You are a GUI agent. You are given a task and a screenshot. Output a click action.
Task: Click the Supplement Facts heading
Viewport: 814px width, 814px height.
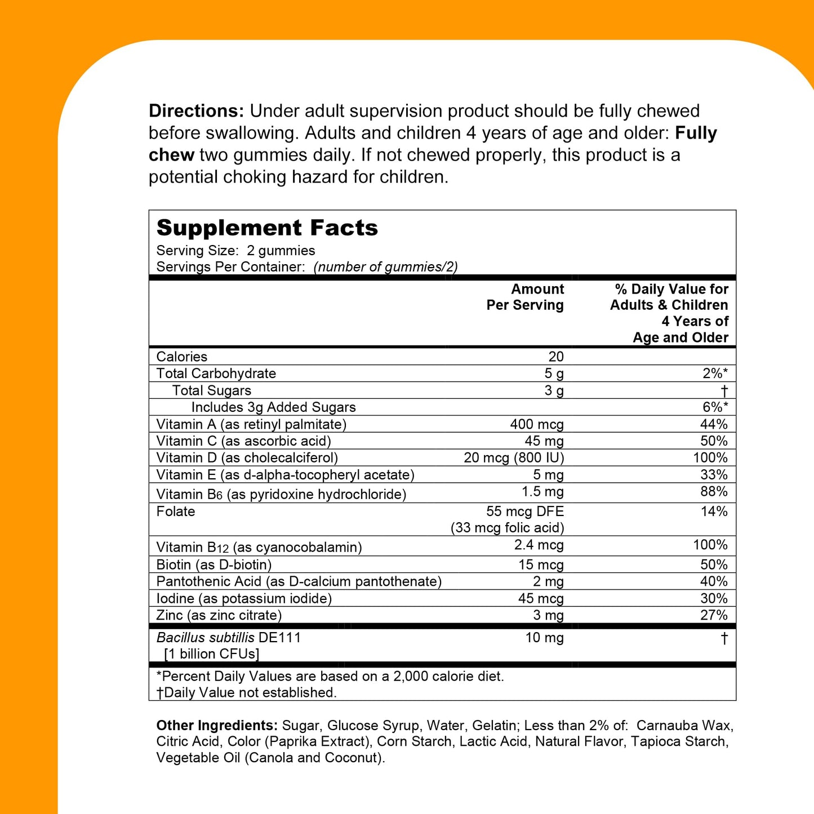tap(267, 228)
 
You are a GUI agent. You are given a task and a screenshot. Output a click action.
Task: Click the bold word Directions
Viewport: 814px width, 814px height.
tap(196, 111)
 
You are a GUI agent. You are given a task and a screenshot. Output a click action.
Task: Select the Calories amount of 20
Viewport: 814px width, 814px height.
tap(555, 357)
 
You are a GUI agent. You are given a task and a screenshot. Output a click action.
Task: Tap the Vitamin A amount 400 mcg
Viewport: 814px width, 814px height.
tap(536, 424)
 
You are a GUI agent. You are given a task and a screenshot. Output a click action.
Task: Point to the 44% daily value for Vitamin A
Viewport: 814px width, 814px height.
tap(714, 424)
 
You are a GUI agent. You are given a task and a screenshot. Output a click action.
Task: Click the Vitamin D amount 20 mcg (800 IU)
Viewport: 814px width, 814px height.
tap(513, 458)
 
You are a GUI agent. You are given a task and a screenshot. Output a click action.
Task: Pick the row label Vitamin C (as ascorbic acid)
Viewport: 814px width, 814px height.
tap(243, 441)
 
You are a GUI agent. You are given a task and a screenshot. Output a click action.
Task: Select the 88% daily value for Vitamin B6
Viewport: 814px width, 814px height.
tap(714, 492)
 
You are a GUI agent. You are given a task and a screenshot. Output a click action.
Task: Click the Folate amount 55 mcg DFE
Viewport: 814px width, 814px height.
tap(525, 511)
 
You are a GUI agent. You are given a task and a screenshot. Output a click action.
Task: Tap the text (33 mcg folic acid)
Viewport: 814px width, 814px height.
tap(507, 528)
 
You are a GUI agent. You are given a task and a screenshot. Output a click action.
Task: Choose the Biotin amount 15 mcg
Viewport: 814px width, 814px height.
tap(541, 564)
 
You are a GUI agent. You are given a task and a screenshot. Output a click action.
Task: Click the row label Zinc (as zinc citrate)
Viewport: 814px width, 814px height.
tap(219, 615)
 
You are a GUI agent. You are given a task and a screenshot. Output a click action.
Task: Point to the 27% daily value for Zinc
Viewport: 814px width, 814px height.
tap(714, 615)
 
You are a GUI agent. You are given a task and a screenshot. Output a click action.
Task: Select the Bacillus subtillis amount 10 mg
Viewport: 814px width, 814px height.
tap(544, 638)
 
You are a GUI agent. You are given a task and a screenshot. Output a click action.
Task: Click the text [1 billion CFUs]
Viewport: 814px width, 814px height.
tap(211, 654)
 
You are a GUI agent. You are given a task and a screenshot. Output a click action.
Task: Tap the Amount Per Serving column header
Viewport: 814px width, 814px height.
tap(525, 297)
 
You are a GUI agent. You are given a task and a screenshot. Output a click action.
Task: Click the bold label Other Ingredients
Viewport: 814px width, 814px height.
tap(217, 726)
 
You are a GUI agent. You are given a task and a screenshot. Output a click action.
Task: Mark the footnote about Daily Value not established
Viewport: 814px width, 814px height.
tap(247, 692)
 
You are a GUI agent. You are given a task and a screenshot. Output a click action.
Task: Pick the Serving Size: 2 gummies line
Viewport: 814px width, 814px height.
tap(235, 251)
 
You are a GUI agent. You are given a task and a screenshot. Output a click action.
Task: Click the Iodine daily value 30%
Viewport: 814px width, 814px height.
tap(714, 598)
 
